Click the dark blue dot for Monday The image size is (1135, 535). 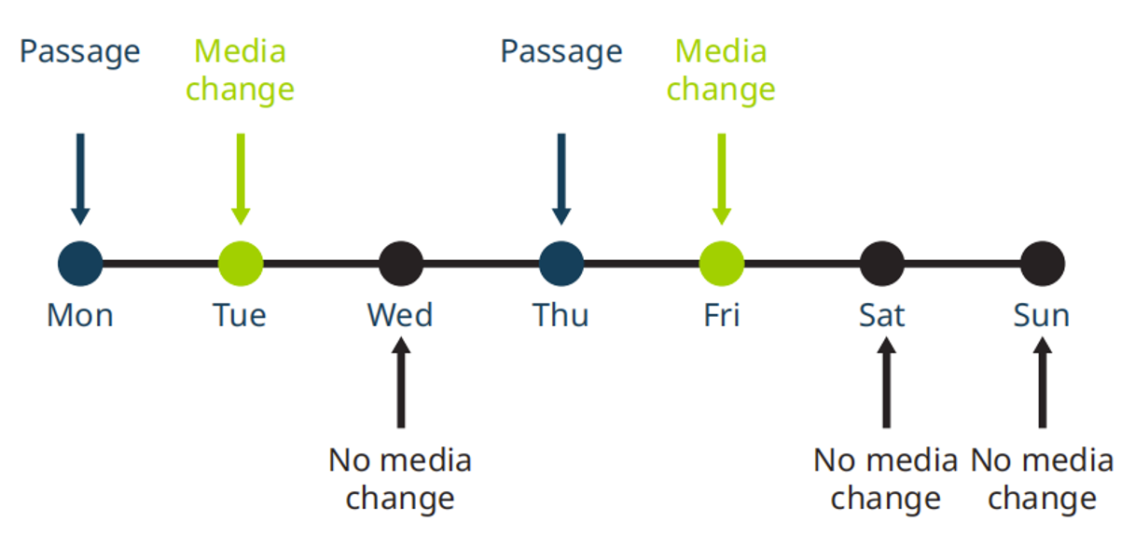coord(80,263)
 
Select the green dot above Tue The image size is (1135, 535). coord(241,263)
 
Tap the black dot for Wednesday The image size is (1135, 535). coord(401,263)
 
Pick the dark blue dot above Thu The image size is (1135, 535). coord(561,263)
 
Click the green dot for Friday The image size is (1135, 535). coord(722,263)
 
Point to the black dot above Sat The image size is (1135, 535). coord(881,263)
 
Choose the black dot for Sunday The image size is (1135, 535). coord(1042,263)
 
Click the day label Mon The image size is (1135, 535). coord(80,315)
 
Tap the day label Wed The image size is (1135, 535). coord(400,315)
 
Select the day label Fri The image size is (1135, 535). coord(722,315)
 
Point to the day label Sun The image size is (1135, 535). coord(1042,315)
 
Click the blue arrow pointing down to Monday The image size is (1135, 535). coord(80,178)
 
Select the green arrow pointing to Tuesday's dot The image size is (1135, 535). coord(241,178)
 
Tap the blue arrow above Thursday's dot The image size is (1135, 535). coord(561,178)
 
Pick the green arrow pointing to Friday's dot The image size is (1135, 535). coord(722,178)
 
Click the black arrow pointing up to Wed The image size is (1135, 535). coord(401,383)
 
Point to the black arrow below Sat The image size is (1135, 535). coord(885,383)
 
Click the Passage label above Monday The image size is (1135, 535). coord(80,51)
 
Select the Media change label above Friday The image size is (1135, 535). coord(721,70)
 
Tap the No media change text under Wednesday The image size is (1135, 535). coord(400,479)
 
